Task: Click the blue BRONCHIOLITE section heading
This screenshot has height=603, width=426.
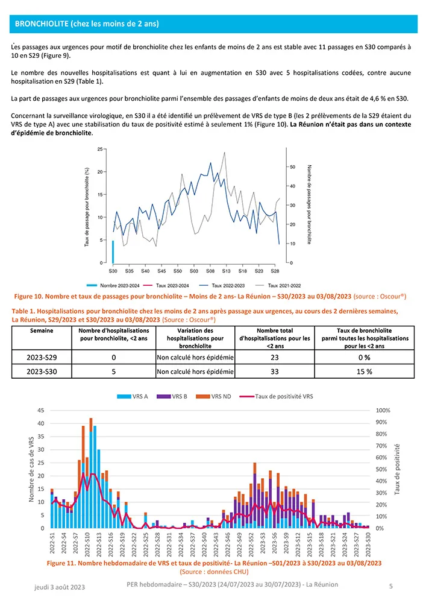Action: pyautogui.click(x=87, y=24)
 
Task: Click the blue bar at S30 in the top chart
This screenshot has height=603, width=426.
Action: pyautogui.click(x=113, y=252)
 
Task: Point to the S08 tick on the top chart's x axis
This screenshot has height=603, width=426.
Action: pyautogui.click(x=210, y=272)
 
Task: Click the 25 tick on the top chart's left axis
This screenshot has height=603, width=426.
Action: pyautogui.click(x=99, y=148)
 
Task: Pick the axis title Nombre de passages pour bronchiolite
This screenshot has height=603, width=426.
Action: pyautogui.click(x=309, y=204)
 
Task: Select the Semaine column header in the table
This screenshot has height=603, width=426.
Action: pyautogui.click(x=41, y=331)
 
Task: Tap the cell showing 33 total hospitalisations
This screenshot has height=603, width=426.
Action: pyautogui.click(x=274, y=372)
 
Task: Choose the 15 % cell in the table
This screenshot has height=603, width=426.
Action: pyautogui.click(x=363, y=372)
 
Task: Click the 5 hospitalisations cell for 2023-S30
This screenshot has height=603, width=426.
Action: pyautogui.click(x=114, y=372)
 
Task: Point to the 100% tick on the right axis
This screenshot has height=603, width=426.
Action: pyautogui.click(x=383, y=411)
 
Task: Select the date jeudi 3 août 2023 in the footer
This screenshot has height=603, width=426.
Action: pyautogui.click(x=58, y=587)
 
